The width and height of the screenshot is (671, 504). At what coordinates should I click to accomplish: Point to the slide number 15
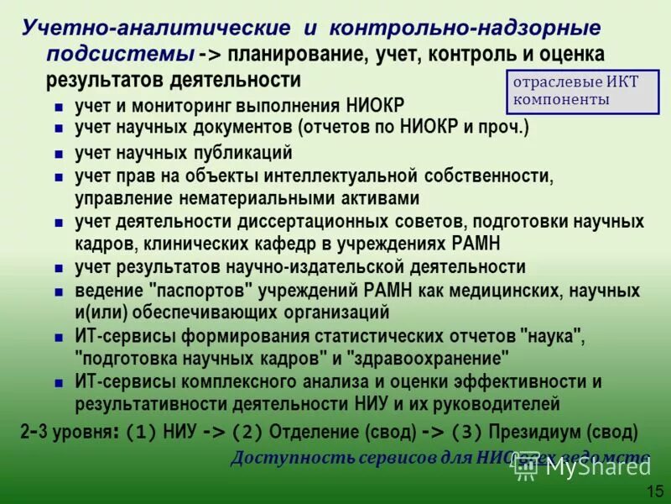click(x=655, y=491)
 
